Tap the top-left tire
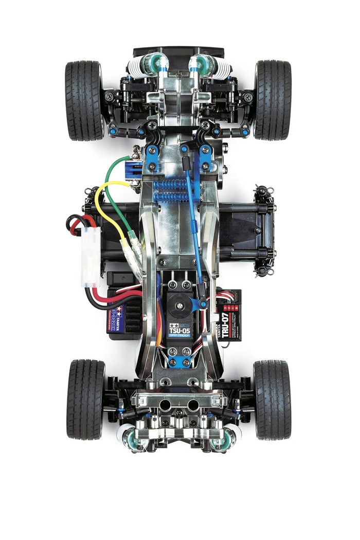pyautogui.click(x=84, y=100)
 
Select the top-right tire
pyautogui.click(x=273, y=100)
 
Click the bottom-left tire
pyautogui.click(x=85, y=399)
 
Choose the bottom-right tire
pyautogui.click(x=272, y=399)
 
